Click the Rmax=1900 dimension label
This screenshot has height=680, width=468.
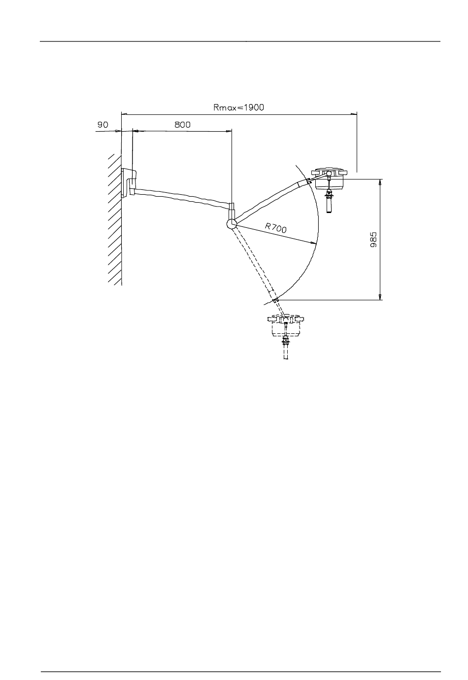point(239,107)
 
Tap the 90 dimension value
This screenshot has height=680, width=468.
point(102,125)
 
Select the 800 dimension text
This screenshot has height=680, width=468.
point(182,125)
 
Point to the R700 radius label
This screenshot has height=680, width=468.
point(275,228)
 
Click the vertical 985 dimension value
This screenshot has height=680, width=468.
point(374,240)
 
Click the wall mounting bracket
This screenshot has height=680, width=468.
point(129,183)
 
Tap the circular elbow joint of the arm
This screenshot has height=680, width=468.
point(232,224)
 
